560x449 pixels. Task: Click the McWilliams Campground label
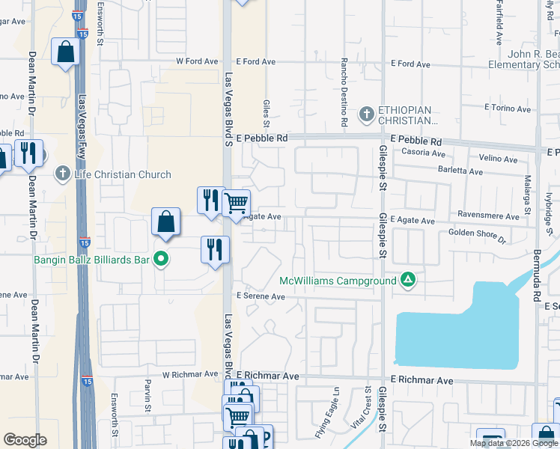click(337, 281)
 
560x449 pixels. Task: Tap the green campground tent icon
click(407, 281)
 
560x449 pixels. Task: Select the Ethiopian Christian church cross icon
click(366, 114)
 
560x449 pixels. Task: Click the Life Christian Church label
click(123, 174)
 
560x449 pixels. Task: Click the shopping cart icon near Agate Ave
click(236, 203)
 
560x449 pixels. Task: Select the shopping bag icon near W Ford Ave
click(65, 53)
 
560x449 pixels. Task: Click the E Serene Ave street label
click(261, 296)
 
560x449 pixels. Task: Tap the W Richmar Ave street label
click(188, 374)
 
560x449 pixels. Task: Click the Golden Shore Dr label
click(478, 236)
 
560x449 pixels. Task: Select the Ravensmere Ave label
click(490, 217)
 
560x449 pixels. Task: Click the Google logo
click(25, 440)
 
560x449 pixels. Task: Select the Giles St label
click(266, 113)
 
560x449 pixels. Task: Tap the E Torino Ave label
click(508, 108)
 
